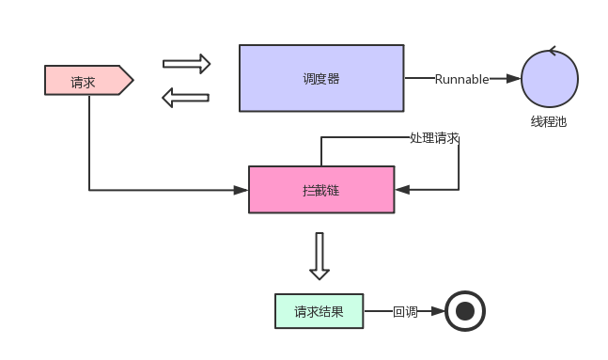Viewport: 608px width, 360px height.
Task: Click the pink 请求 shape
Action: pos(84,81)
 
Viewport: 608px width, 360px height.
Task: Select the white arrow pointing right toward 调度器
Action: pos(186,64)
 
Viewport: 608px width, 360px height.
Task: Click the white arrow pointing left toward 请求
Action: pos(185,97)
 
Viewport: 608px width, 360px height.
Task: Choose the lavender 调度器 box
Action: pos(320,78)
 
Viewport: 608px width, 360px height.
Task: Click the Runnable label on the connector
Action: pos(461,79)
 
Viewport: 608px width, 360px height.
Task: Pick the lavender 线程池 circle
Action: pos(549,79)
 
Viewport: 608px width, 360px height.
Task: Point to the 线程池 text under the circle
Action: pos(549,121)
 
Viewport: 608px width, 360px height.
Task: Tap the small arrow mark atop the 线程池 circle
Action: pos(553,51)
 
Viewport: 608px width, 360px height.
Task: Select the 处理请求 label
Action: pos(434,137)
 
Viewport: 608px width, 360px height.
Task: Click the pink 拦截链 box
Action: pos(320,190)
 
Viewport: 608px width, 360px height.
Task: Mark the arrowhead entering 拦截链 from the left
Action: pos(242,190)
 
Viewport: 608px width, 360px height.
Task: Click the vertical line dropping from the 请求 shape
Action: pos(89,141)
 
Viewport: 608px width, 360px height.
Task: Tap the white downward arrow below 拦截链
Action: pos(320,255)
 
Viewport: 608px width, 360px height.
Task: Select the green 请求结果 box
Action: pos(319,311)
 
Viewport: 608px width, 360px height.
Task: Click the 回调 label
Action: pos(404,311)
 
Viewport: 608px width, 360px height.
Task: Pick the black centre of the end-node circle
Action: pos(464,311)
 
